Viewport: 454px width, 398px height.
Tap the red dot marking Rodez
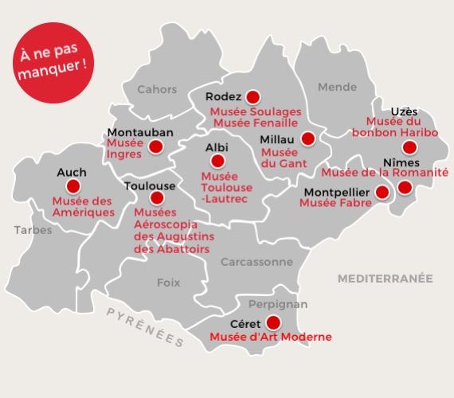(x=253, y=97)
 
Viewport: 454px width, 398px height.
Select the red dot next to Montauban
(x=156, y=146)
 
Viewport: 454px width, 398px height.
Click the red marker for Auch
(x=73, y=187)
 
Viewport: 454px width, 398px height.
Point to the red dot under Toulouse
(x=156, y=197)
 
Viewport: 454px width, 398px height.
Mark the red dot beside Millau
(x=307, y=139)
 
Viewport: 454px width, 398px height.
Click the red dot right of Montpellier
(x=382, y=192)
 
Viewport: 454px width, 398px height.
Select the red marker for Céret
(x=273, y=322)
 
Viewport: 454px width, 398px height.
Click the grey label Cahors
(x=157, y=89)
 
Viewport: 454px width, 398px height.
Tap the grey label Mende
(x=337, y=88)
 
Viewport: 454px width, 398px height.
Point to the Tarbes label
(x=33, y=230)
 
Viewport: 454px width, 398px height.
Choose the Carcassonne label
(x=256, y=261)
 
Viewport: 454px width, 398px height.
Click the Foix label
(x=168, y=282)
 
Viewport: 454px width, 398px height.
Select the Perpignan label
(x=278, y=304)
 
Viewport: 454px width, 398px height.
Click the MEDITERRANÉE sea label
(x=385, y=279)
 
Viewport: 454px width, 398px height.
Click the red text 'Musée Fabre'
(x=330, y=203)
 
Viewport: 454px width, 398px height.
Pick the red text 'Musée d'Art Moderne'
(x=270, y=337)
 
